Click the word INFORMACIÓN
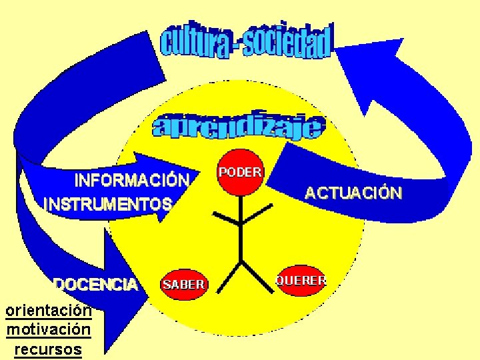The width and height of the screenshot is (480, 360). click(x=132, y=181)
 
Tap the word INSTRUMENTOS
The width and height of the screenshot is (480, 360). click(x=108, y=204)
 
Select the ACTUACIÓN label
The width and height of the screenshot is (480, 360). click(x=353, y=193)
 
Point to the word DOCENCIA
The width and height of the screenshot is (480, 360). click(x=96, y=285)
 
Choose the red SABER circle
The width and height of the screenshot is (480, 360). click(x=183, y=285)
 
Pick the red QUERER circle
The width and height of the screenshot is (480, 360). click(x=301, y=281)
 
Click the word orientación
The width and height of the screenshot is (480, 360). click(x=48, y=311)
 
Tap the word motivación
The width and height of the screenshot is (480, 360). click(x=48, y=329)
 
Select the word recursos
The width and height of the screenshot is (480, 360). click(x=48, y=349)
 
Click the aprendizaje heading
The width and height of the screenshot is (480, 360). click(x=239, y=127)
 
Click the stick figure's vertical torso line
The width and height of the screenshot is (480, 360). click(x=240, y=233)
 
